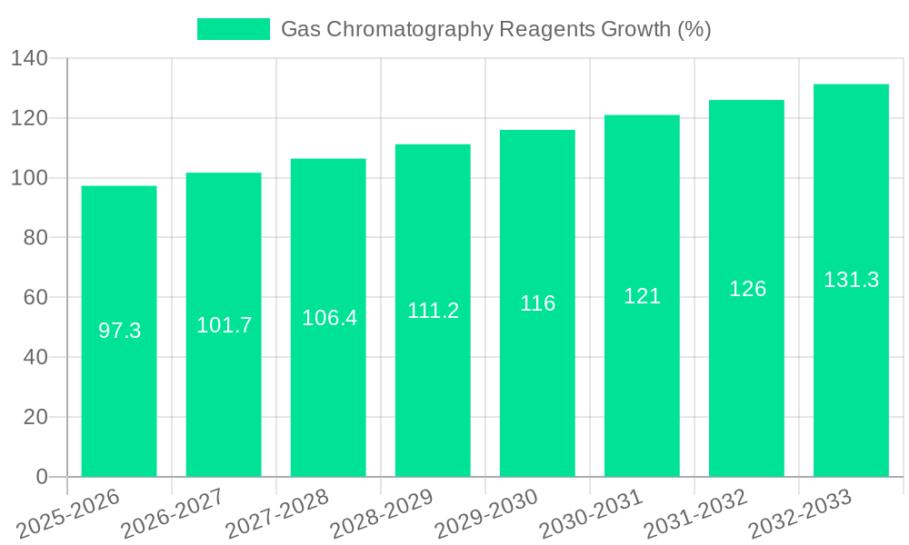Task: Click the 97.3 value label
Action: point(119,331)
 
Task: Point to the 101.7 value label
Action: point(224,325)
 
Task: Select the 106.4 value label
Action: point(329,318)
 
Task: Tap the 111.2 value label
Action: point(433,311)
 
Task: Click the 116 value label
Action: point(537,303)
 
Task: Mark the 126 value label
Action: point(747,289)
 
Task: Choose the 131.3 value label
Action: point(851,281)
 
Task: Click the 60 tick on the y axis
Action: point(35,298)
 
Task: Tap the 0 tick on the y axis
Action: point(41,477)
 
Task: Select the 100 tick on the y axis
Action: point(29,178)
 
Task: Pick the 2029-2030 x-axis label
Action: point(487,514)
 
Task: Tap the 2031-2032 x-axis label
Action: point(696,514)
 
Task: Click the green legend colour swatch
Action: point(234,29)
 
